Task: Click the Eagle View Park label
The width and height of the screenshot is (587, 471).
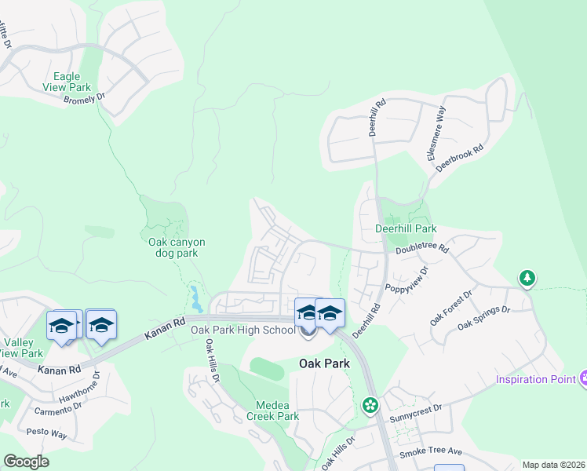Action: coord(71,82)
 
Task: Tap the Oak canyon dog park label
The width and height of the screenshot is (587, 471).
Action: coord(177,247)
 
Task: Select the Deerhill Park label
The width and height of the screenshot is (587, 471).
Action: coord(405,229)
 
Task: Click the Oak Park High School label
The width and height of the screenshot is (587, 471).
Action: coord(242,330)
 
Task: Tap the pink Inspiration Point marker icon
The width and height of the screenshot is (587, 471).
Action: coord(583,378)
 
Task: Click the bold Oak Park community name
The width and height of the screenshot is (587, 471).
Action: coord(324,363)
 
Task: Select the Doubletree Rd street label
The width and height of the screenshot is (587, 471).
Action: coord(421,248)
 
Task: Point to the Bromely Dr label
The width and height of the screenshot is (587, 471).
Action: coord(85,99)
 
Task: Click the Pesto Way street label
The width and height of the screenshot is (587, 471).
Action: coord(47,433)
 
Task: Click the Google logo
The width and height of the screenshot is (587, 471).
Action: coord(26,461)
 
